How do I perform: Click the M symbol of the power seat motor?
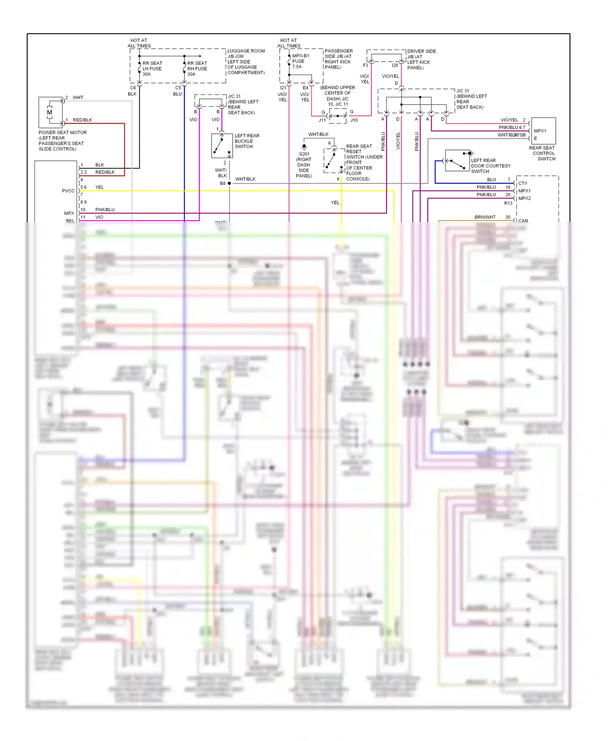(x=49, y=112)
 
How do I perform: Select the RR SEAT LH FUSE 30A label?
(x=152, y=69)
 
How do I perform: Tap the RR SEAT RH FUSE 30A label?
(x=197, y=69)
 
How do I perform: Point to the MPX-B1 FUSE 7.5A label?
(x=300, y=61)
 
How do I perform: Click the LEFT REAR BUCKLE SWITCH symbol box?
(x=222, y=146)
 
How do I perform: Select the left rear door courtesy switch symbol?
(x=457, y=161)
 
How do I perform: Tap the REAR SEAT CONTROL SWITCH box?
(x=543, y=131)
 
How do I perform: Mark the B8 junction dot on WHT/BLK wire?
(x=229, y=184)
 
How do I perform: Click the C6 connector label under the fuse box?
(x=133, y=88)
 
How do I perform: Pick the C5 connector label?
(x=178, y=88)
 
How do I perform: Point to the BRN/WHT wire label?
(x=485, y=217)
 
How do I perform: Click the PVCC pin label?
(x=68, y=191)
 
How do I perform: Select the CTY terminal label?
(x=522, y=183)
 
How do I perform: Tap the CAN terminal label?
(x=523, y=221)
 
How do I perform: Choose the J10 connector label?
(x=354, y=120)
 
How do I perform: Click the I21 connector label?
(x=283, y=88)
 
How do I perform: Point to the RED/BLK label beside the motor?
(x=82, y=120)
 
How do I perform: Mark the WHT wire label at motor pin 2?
(x=78, y=98)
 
